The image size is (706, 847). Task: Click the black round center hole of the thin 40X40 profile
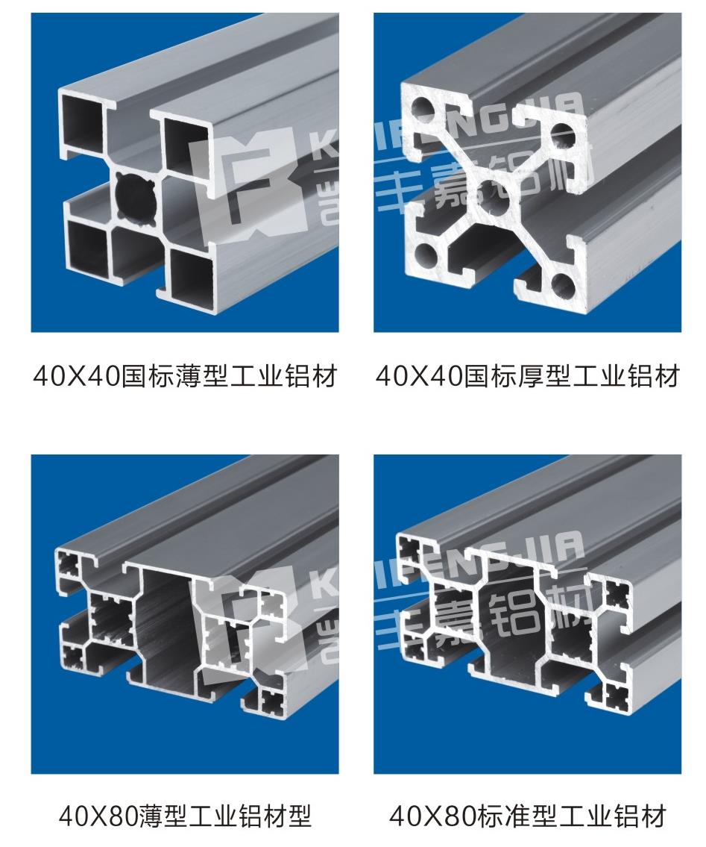pyautogui.click(x=137, y=199)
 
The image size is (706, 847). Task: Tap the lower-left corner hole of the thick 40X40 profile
pyautogui.click(x=426, y=257)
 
